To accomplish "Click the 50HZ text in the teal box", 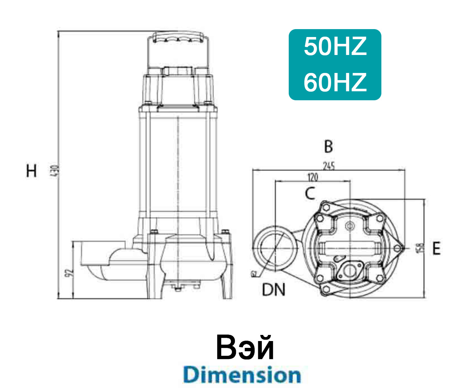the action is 335,47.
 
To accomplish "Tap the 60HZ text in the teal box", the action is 335,83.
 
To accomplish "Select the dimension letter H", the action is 32,171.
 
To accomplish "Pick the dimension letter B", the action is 328,147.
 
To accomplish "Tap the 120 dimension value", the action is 313,177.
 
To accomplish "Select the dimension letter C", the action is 310,193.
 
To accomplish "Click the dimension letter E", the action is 436,248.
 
